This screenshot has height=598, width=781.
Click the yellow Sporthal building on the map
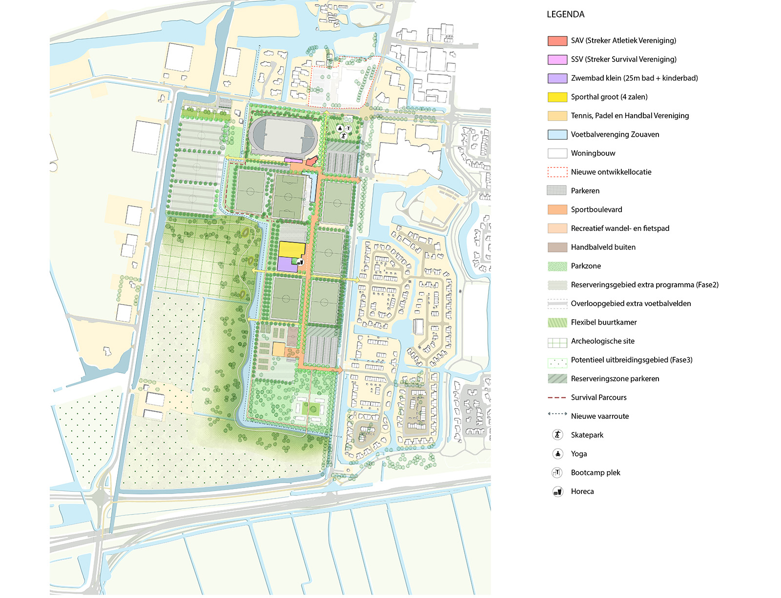(291, 248)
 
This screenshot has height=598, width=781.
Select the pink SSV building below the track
(293, 160)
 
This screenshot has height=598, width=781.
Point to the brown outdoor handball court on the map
(292, 336)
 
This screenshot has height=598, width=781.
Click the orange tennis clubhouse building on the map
(278, 350)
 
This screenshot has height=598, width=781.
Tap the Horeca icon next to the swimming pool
(300, 262)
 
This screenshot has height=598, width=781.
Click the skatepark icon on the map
(344, 136)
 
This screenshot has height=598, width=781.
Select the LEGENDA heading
(565, 14)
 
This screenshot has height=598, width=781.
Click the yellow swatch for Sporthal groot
(557, 97)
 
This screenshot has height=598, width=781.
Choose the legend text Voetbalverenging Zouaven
(615, 134)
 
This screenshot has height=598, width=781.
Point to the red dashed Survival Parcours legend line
(557, 398)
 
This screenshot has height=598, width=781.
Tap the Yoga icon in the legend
(557, 454)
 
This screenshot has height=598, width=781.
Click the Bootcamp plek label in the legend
(595, 473)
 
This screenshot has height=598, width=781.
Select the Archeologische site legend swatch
(557, 342)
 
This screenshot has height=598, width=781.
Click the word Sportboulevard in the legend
(596, 209)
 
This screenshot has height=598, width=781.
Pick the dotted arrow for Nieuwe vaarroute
(557, 414)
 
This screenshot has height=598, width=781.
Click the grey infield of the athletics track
(282, 135)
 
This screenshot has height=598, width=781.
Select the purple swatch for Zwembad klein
(557, 78)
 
